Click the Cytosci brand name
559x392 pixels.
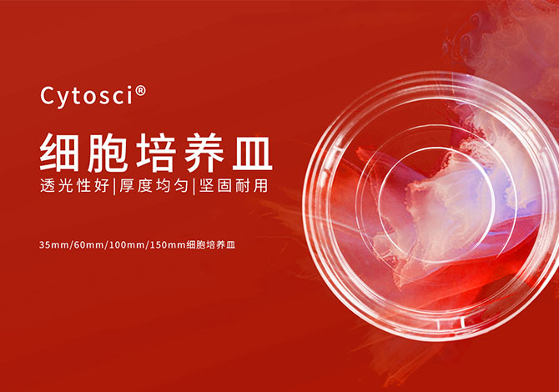(x=88, y=96)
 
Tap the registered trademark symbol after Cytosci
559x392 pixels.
(x=141, y=91)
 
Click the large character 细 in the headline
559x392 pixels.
(x=59, y=153)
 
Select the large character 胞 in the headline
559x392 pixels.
(x=107, y=153)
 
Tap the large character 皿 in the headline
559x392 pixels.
(x=253, y=153)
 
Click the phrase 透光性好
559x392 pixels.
(x=75, y=186)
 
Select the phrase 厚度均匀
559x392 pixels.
(x=154, y=186)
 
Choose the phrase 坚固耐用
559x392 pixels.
(x=233, y=186)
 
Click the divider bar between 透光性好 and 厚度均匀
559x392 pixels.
(x=114, y=186)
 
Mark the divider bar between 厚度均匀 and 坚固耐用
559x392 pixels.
(x=194, y=186)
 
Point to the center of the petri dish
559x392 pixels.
(x=436, y=206)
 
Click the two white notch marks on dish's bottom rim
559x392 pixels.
(x=451, y=324)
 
